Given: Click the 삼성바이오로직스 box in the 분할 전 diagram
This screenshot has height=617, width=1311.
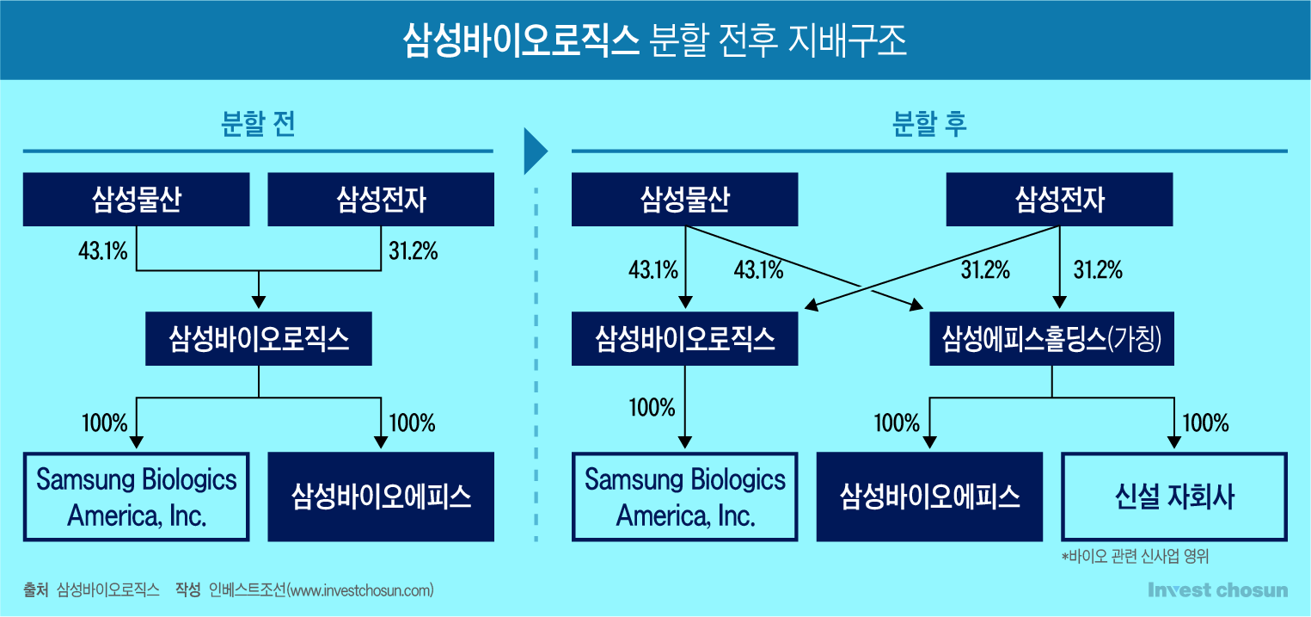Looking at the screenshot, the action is pyautogui.click(x=259, y=339).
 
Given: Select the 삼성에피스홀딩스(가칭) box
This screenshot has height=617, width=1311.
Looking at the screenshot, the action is pyautogui.click(x=1051, y=339).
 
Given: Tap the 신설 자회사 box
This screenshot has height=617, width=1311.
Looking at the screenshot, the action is pyautogui.click(x=1174, y=497).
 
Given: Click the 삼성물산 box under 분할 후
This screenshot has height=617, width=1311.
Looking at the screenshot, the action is pyautogui.click(x=685, y=200).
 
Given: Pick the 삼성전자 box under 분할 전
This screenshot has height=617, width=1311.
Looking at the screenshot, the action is pyautogui.click(x=381, y=200).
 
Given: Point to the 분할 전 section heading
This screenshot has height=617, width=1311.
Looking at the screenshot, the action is pyautogui.click(x=258, y=124).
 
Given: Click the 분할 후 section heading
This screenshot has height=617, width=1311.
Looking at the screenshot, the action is pyautogui.click(x=929, y=124).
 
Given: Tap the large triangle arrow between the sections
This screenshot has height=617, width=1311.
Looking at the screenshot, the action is pyautogui.click(x=535, y=151).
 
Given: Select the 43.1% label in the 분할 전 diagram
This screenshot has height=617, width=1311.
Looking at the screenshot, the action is pyautogui.click(x=103, y=251).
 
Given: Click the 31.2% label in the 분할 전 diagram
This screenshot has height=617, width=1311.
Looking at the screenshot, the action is pyautogui.click(x=414, y=251).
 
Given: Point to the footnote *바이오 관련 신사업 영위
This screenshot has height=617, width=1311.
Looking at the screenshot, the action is pyautogui.click(x=1135, y=556).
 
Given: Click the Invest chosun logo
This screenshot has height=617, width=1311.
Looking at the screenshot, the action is pyautogui.click(x=1218, y=590).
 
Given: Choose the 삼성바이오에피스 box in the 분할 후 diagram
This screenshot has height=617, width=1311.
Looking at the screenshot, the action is pyautogui.click(x=929, y=497).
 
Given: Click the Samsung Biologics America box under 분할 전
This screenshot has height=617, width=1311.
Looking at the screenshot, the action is pyautogui.click(x=137, y=497).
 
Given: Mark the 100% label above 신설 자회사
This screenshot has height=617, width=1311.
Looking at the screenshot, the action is pyautogui.click(x=1205, y=423).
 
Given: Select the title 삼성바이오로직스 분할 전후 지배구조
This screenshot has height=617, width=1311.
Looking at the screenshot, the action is pyautogui.click(x=655, y=40).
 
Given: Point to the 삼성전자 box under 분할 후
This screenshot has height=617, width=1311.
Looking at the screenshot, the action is pyautogui.click(x=1059, y=200).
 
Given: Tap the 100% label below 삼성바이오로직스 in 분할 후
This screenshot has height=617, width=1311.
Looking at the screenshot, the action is pyautogui.click(x=652, y=408).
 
